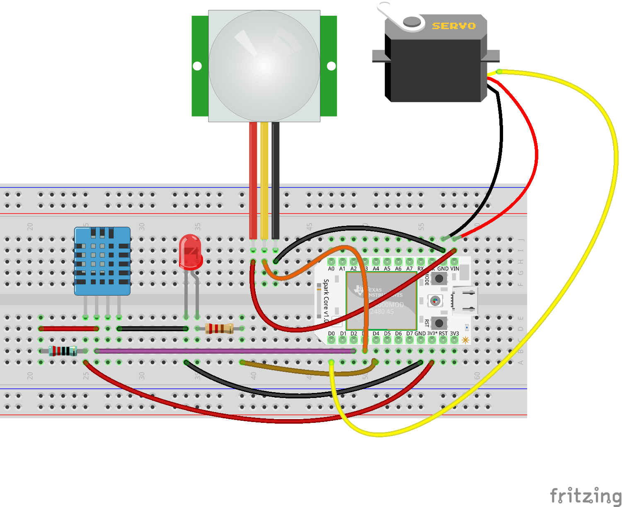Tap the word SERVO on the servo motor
(x=454, y=26)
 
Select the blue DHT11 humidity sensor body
(x=102, y=261)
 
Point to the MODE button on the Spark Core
(x=439, y=278)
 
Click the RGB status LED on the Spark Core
(x=435, y=301)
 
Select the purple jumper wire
(x=224, y=351)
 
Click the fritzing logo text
(x=585, y=495)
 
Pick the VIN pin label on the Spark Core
(x=455, y=269)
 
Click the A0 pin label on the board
(x=331, y=269)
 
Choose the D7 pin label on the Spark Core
(x=409, y=333)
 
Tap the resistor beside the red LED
(x=219, y=329)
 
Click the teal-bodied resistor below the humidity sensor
(x=63, y=351)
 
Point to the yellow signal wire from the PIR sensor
(x=264, y=182)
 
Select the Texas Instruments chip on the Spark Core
(x=381, y=301)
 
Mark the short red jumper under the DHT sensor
(x=68, y=329)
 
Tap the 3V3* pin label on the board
(x=432, y=333)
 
